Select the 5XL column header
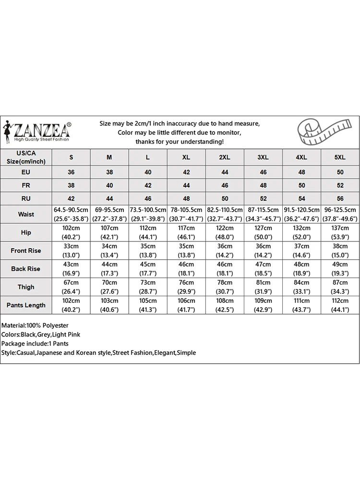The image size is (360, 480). pyautogui.click(x=340, y=157)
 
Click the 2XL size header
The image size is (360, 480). pyautogui.click(x=225, y=157)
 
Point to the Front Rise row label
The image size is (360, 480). pyautogui.click(x=26, y=251)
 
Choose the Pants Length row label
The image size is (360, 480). pyautogui.click(x=26, y=305)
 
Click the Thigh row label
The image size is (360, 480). pyautogui.click(x=26, y=287)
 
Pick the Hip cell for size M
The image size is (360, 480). pyautogui.click(x=109, y=232)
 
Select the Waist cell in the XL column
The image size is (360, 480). pyautogui.click(x=186, y=214)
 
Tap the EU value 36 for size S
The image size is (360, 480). pyautogui.click(x=72, y=172)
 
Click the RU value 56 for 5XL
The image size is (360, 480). pyautogui.click(x=340, y=199)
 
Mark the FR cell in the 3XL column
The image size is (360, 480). pyautogui.click(x=263, y=185)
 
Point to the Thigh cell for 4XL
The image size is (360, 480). pyautogui.click(x=301, y=287)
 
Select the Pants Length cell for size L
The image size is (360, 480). pyautogui.click(x=148, y=305)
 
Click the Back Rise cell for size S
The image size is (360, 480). pyautogui.click(x=72, y=269)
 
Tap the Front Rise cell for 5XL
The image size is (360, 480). pyautogui.click(x=340, y=251)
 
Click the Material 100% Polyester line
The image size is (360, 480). pyautogui.click(x=35, y=325)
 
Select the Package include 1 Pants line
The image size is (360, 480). pyautogui.click(x=35, y=344)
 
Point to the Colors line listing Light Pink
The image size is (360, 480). pyautogui.click(x=41, y=335)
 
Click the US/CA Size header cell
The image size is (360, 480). pyautogui.click(x=26, y=157)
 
